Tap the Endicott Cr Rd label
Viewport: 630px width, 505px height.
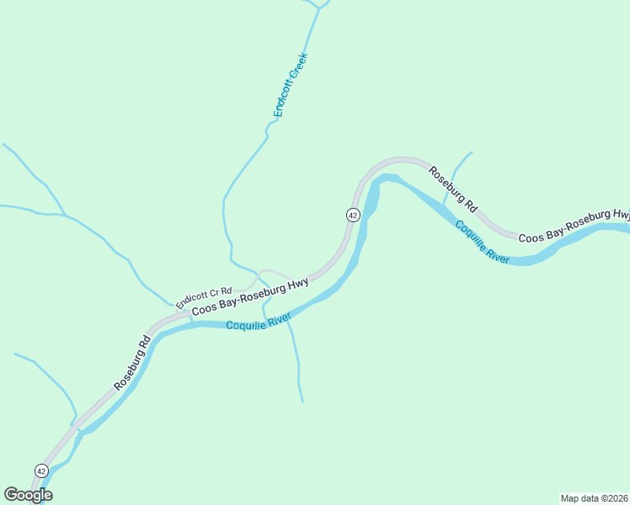click(x=203, y=296)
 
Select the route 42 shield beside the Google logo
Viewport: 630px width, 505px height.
click(x=41, y=470)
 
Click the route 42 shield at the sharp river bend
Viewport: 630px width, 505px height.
click(x=353, y=215)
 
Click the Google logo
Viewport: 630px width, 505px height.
click(x=29, y=495)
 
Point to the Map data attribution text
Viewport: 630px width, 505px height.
click(x=594, y=497)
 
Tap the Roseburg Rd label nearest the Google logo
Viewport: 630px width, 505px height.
click(x=132, y=363)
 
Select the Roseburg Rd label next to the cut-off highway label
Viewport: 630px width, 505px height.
click(x=453, y=188)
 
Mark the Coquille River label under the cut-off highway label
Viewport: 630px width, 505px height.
click(x=483, y=242)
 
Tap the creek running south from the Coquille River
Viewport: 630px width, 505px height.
click(x=296, y=362)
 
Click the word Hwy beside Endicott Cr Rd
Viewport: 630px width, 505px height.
click(x=297, y=284)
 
